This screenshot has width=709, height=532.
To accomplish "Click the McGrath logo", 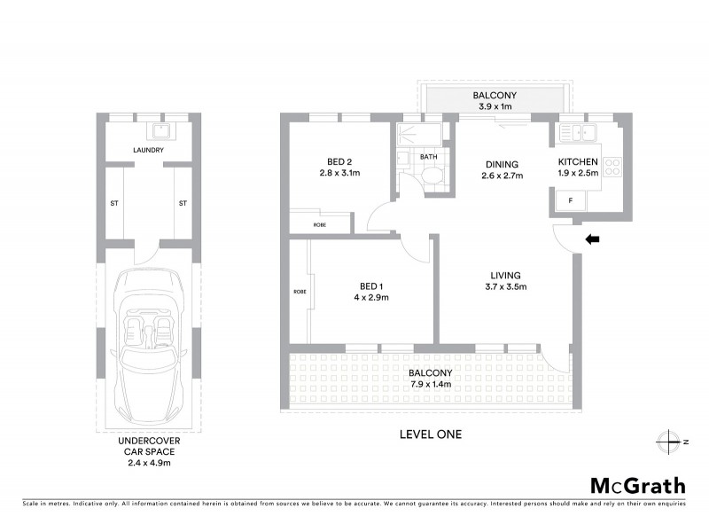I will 638,485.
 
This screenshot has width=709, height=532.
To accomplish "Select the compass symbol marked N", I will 666,442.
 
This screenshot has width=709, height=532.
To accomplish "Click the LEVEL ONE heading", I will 431,434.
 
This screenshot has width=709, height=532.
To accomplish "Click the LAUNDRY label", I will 147,151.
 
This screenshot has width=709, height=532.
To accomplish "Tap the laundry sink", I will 160,131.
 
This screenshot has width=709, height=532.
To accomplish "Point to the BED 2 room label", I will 339,161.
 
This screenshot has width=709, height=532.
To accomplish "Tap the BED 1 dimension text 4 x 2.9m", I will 370,297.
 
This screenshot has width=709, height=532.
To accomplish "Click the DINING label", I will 501,164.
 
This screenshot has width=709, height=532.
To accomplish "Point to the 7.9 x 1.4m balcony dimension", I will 431,385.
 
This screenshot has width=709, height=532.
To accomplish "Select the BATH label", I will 429,157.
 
